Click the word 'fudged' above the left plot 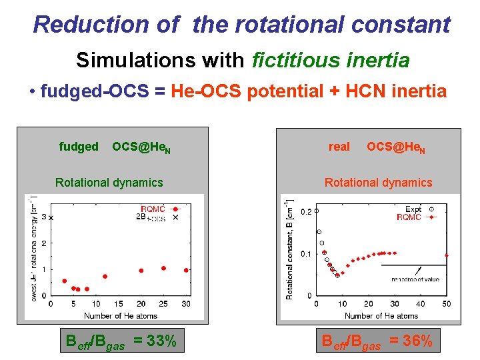tap(78, 147)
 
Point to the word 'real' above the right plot tap(339, 147)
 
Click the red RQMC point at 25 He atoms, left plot tap(164, 268)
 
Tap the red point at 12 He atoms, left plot tap(105, 276)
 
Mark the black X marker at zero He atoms tap(51, 218)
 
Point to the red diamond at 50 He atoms tap(446, 255)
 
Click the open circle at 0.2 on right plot tap(316, 211)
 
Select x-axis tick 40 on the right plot tap(420, 305)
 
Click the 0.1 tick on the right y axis tap(305, 254)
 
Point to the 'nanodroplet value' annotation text tap(414, 279)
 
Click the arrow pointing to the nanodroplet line tap(419, 270)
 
